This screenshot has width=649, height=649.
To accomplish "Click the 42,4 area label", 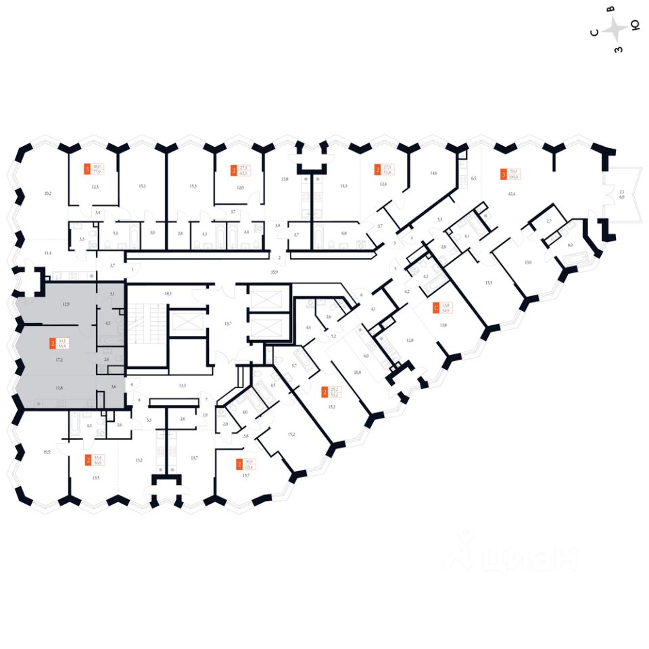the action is tap(510, 194).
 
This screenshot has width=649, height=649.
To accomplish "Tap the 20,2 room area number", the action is tap(47, 193).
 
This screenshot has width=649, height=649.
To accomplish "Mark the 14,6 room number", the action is tap(433, 173).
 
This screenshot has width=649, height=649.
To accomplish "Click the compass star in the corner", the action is tap(616, 29).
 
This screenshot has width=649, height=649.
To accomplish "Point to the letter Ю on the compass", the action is tap(635, 26).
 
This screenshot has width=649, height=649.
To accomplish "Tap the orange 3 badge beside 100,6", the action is tap(503, 174).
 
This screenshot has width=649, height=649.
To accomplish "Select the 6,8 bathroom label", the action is tap(343, 233).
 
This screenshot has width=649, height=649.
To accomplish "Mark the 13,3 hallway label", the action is tap(182, 385).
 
